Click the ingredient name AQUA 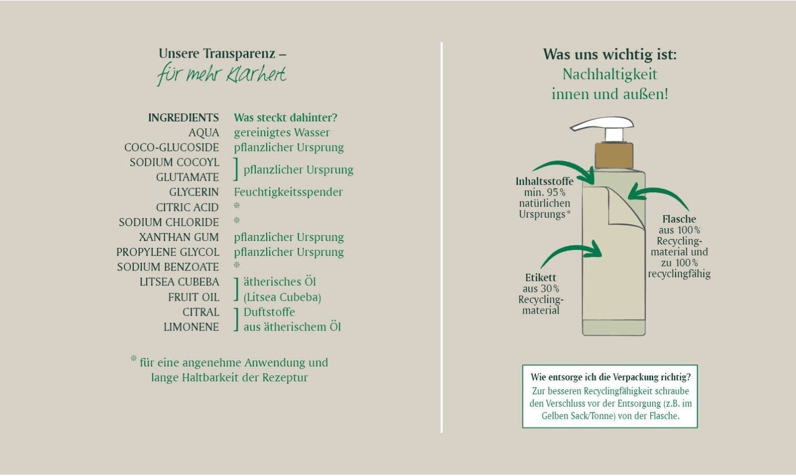tap(203, 133)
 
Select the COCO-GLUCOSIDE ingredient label tap(171, 148)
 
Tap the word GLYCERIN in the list tap(194, 192)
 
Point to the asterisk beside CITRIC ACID tap(237, 206)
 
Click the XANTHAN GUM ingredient tap(179, 238)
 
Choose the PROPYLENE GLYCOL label tap(168, 252)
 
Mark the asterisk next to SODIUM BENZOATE tap(237, 266)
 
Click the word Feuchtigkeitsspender tap(288, 192)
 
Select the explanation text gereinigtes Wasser tap(282, 133)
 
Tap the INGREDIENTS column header tap(183, 118)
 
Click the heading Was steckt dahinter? tap(286, 118)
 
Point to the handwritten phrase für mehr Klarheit tap(222, 75)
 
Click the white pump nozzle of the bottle tap(602, 124)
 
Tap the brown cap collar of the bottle tap(614, 155)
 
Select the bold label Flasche tap(679, 219)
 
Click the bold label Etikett tap(540, 278)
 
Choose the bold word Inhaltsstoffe tap(544, 182)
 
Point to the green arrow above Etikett tap(572, 252)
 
